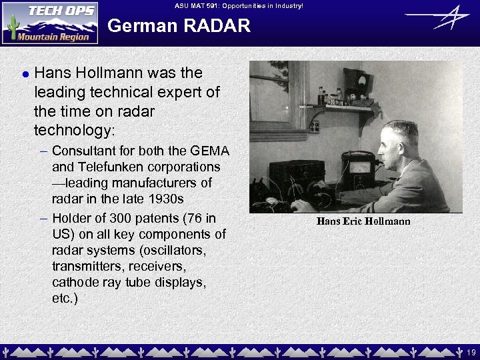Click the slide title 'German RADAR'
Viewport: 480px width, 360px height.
pyautogui.click(x=179, y=26)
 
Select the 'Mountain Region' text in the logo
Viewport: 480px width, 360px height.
pyautogui.click(x=53, y=37)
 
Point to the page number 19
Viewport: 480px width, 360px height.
pyautogui.click(x=471, y=351)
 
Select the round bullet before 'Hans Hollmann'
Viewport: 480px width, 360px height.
pyautogui.click(x=25, y=74)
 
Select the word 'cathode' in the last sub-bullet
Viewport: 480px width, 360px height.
pyautogui.click(x=75, y=282)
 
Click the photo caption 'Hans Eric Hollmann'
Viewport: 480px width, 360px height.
pyautogui.click(x=363, y=221)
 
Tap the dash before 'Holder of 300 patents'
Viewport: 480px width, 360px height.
pyautogui.click(x=43, y=218)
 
